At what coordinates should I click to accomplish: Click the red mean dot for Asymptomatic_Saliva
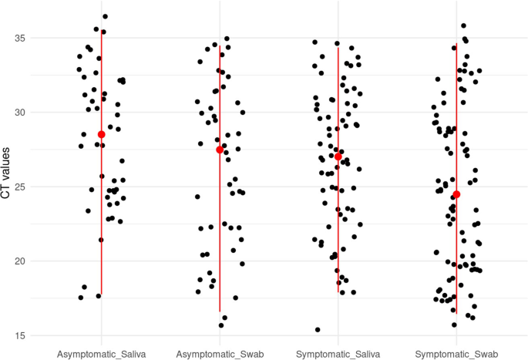[x=101, y=134]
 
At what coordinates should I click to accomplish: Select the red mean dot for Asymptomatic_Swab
[x=220, y=150]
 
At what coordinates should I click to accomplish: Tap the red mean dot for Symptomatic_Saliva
[x=338, y=156]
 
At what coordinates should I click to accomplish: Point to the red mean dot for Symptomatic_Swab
[x=456, y=194]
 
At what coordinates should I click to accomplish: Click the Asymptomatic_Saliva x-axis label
[x=101, y=352]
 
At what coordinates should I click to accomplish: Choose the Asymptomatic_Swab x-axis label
[x=220, y=352]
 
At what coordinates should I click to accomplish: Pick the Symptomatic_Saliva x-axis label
[x=338, y=352]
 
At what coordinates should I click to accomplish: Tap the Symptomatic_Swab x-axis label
[x=456, y=352]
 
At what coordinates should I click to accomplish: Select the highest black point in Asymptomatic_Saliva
[x=105, y=16]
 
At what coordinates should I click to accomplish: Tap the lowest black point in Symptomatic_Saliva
[x=318, y=330]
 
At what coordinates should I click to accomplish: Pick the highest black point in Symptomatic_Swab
[x=463, y=25]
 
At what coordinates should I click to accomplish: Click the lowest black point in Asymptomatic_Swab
[x=221, y=325]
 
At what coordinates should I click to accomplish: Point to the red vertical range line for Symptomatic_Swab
[x=456, y=254]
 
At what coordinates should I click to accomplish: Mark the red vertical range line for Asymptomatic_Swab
[x=220, y=231]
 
